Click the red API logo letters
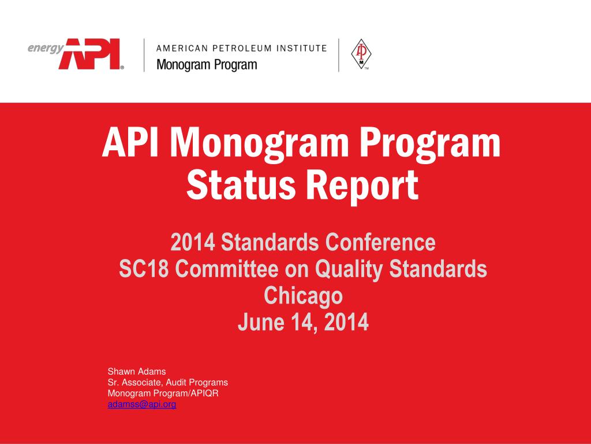click(92, 54)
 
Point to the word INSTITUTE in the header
click(303, 49)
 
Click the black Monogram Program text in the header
click(207, 65)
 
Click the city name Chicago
click(303, 295)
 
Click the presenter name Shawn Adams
click(137, 372)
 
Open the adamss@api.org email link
click(142, 405)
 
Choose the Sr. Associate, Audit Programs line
click(167, 383)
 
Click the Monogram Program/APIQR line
click(163, 394)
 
